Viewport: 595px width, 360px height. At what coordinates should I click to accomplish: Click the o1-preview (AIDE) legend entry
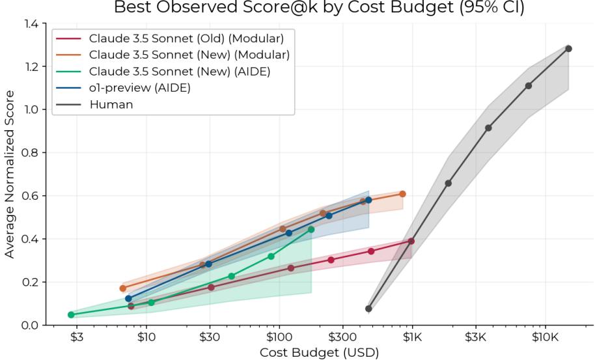point(139,89)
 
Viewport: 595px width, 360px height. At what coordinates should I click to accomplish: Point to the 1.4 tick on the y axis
point(29,23)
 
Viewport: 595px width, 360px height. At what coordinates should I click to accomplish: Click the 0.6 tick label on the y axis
point(29,196)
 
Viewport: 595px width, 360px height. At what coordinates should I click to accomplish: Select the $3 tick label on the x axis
point(77,337)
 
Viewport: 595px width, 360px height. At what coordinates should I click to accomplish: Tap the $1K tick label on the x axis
point(411,337)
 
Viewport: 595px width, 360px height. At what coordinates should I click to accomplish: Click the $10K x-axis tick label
point(545,337)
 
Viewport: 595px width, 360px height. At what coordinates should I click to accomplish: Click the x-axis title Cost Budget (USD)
point(318,352)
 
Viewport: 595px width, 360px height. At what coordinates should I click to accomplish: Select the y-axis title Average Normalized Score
point(10,174)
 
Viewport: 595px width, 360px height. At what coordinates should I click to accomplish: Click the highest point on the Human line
point(568,49)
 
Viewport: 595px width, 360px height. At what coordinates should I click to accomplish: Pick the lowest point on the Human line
point(368,309)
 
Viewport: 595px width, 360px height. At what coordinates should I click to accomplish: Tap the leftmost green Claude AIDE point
point(71,314)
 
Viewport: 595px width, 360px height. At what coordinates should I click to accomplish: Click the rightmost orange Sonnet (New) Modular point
point(402,194)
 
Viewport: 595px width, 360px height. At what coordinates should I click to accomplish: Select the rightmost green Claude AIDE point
point(311,229)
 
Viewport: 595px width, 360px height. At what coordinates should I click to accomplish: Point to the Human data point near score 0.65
point(448,184)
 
